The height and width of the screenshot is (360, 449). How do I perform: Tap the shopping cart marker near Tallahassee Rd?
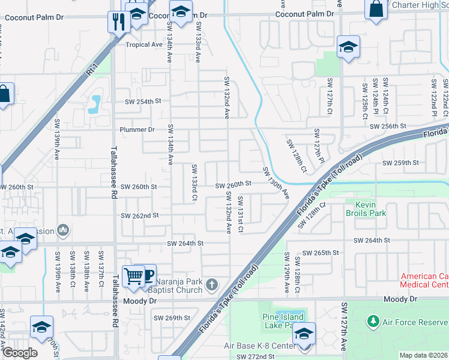tap(133, 277)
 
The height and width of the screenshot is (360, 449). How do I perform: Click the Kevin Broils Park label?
tap(366, 208)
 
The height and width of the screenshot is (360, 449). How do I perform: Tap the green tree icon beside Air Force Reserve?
tap(374, 322)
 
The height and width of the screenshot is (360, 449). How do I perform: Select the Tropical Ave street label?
tap(144, 44)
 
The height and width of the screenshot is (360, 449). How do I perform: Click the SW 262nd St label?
tap(140, 215)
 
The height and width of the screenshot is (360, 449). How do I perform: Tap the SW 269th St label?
tap(172, 317)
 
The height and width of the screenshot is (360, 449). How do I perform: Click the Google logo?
tap(19, 353)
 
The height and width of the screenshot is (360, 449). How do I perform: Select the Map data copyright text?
tap(423, 355)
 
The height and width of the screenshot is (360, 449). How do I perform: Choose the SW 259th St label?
tap(400, 163)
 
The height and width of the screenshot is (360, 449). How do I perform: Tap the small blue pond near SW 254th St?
tap(94, 104)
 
